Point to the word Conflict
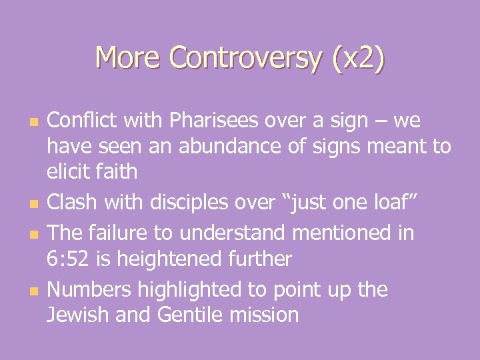pos(81,121)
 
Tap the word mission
pos(265,315)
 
